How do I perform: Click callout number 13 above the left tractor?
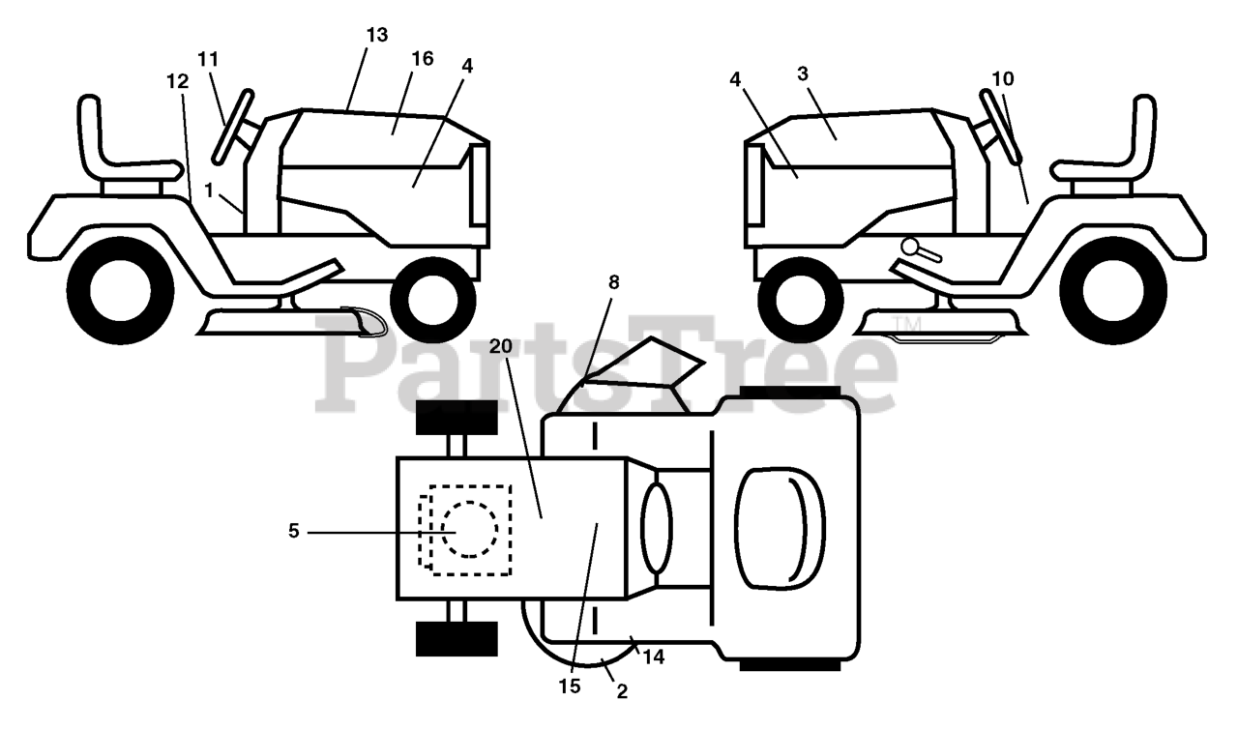pyautogui.click(x=376, y=35)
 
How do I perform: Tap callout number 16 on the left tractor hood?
pyautogui.click(x=422, y=59)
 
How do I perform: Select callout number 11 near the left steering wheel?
pyautogui.click(x=208, y=59)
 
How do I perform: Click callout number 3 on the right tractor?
pyautogui.click(x=803, y=73)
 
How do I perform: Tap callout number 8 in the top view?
pyautogui.click(x=613, y=282)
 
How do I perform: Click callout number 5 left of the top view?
pyautogui.click(x=294, y=531)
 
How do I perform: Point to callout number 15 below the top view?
pyautogui.click(x=570, y=686)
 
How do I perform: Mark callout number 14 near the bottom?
pyautogui.click(x=654, y=657)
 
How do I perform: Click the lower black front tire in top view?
pyautogui.click(x=456, y=639)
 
